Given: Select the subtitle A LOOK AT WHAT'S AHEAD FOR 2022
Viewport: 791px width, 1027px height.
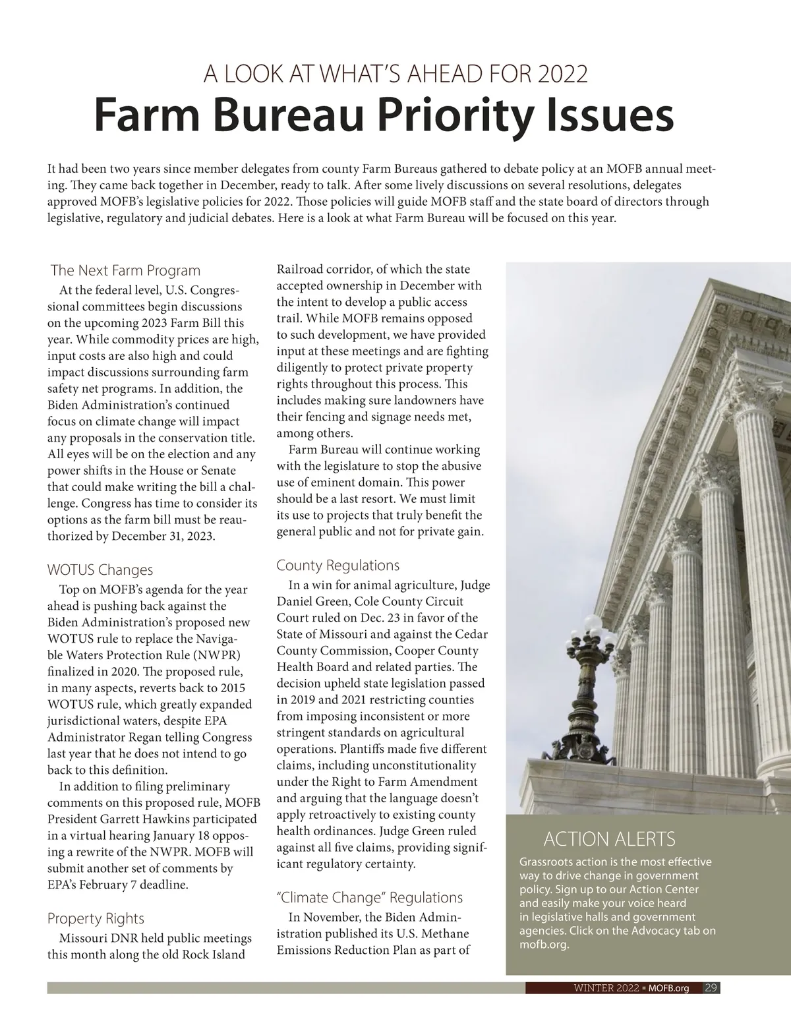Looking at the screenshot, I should pos(395,74).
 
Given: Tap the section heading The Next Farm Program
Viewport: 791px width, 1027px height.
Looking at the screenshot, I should pos(125,270).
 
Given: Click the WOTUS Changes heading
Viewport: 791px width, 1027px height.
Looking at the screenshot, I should pos(100,570).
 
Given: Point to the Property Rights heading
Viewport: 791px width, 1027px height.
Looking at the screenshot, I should pos(96,918).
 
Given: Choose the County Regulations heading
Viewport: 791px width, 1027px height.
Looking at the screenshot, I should pos(338,565).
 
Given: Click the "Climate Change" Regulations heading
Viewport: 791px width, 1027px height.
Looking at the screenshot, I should pos(370,897).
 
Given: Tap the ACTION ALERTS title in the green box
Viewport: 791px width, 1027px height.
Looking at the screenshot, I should pos(609,839).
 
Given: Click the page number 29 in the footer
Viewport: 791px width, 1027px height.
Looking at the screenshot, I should pos(711,987).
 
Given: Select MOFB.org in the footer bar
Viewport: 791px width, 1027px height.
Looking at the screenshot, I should pos(668,988).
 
